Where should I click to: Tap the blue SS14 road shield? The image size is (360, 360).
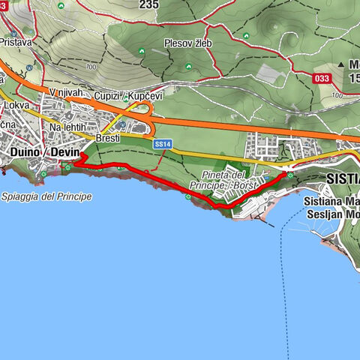(x=163, y=143)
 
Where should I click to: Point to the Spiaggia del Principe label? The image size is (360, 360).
(x=46, y=196)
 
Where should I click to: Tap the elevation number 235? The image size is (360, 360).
(x=149, y=4)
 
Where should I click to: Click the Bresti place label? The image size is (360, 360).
(x=109, y=138)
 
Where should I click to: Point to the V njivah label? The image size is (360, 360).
(x=64, y=92)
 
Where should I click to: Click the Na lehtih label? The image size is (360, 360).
(x=67, y=127)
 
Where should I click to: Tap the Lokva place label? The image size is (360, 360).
(x=15, y=106)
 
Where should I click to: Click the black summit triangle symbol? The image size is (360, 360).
(x=342, y=64)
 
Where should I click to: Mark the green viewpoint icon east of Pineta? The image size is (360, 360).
(x=289, y=175)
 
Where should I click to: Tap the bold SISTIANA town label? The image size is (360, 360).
(x=343, y=180)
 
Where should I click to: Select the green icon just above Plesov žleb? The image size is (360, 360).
(x=142, y=51)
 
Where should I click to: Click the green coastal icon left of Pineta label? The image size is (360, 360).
(x=187, y=197)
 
